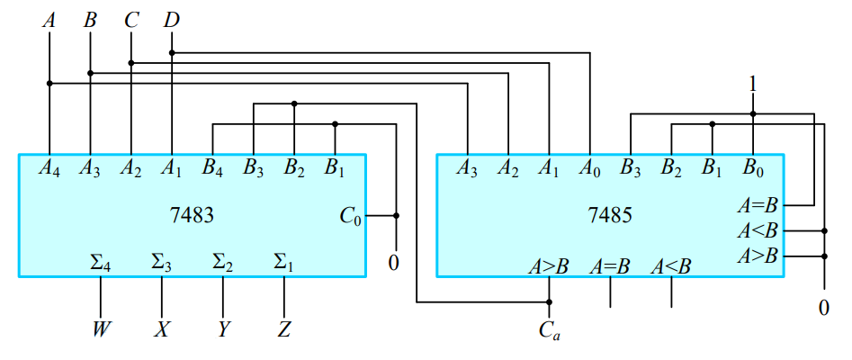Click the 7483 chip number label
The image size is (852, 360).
tap(192, 216)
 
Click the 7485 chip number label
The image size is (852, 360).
tap(610, 216)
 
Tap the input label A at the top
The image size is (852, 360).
tap(49, 18)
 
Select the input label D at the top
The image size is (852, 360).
tap(172, 18)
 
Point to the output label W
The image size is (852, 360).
tap(100, 330)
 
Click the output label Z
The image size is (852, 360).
tap(284, 330)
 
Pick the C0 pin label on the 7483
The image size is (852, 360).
tap(350, 216)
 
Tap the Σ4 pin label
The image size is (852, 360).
tap(100, 263)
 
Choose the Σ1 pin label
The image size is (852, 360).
tap(284, 263)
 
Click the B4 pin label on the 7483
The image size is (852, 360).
tap(212, 167)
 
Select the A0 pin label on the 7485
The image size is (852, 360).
tap(589, 167)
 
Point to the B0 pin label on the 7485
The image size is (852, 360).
tap(753, 167)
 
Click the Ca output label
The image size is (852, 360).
tap(550, 330)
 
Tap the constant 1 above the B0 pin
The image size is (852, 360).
tap(753, 84)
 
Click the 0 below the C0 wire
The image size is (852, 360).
tap(396, 265)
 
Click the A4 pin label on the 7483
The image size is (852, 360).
tap(49, 167)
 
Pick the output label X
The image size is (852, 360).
tap(162, 330)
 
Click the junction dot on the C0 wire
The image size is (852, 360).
tap(396, 216)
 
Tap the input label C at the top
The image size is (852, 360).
tap(131, 18)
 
